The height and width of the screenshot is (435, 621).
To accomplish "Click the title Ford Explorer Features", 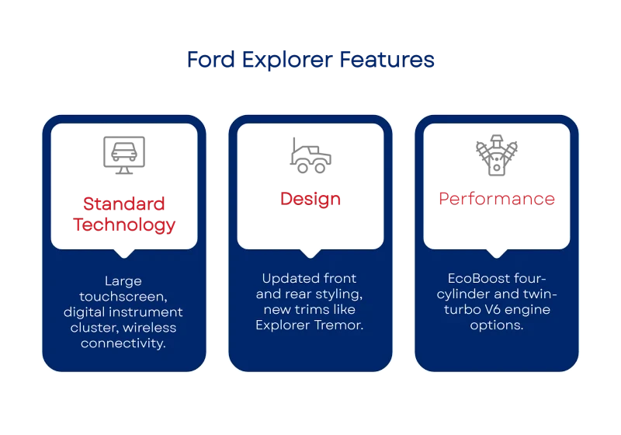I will [x=310, y=60].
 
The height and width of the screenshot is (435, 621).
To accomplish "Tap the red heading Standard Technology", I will [x=124, y=215].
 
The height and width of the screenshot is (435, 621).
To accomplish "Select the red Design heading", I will [x=310, y=198].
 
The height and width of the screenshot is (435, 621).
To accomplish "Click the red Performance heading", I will [x=497, y=198].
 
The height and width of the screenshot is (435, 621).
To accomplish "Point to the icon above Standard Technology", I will [x=124, y=155].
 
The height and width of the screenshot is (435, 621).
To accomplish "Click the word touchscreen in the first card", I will [x=124, y=296].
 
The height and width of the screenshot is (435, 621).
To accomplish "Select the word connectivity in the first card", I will [x=124, y=343].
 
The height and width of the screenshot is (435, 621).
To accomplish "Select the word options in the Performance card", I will [x=497, y=325].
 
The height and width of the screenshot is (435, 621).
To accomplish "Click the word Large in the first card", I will [x=124, y=280].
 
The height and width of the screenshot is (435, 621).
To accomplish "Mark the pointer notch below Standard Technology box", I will [x=124, y=252].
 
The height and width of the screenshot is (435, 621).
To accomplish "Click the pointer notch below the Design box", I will [x=310, y=252].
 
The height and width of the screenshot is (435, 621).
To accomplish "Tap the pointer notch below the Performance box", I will [x=497, y=252].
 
